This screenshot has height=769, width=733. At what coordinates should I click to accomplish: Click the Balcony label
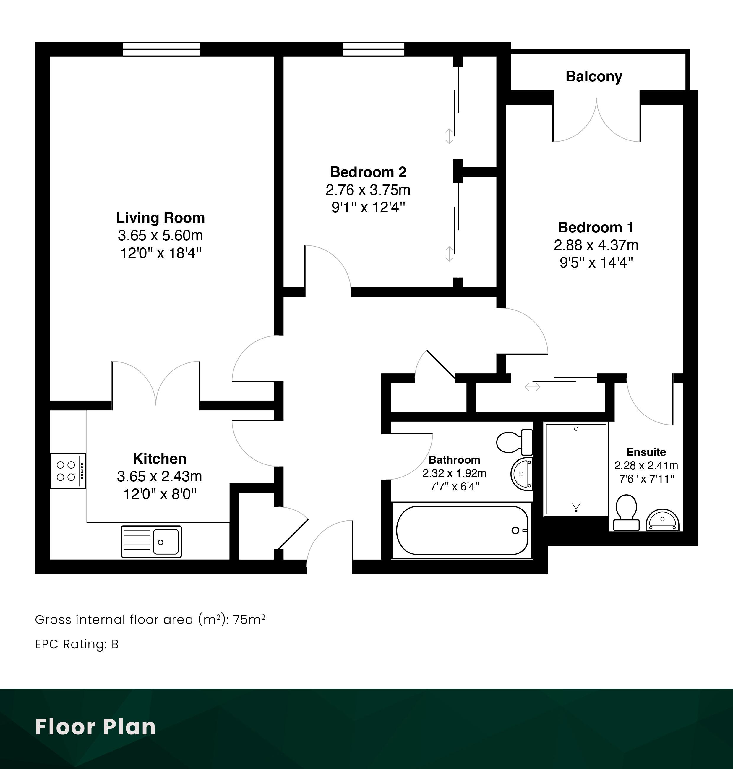click(x=593, y=77)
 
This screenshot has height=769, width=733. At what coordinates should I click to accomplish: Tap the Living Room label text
click(x=160, y=218)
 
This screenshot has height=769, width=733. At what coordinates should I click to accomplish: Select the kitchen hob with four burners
click(x=68, y=471)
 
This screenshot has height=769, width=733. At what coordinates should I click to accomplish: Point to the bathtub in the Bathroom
click(x=462, y=530)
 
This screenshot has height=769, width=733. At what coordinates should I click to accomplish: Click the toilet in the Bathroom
click(x=515, y=441)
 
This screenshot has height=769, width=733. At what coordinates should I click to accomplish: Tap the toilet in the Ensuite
click(x=626, y=513)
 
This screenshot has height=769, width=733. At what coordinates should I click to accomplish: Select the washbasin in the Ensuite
click(x=662, y=520)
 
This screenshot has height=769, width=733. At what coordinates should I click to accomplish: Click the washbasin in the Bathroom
click(x=522, y=474)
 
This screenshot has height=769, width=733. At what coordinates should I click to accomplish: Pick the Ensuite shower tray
click(x=576, y=469)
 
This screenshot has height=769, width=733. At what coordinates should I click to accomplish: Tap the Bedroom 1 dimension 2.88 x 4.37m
click(x=596, y=245)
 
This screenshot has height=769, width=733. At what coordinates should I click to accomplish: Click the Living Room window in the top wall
click(x=161, y=49)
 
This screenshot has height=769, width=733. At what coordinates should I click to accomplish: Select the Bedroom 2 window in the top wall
click(x=374, y=49)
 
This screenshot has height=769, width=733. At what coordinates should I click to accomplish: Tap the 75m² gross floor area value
click(x=249, y=620)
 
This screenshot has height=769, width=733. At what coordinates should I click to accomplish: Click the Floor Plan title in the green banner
click(x=96, y=727)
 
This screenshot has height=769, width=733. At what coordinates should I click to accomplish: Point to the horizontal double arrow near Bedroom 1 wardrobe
click(x=533, y=387)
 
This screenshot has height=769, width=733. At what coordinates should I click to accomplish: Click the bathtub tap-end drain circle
click(x=515, y=530)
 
